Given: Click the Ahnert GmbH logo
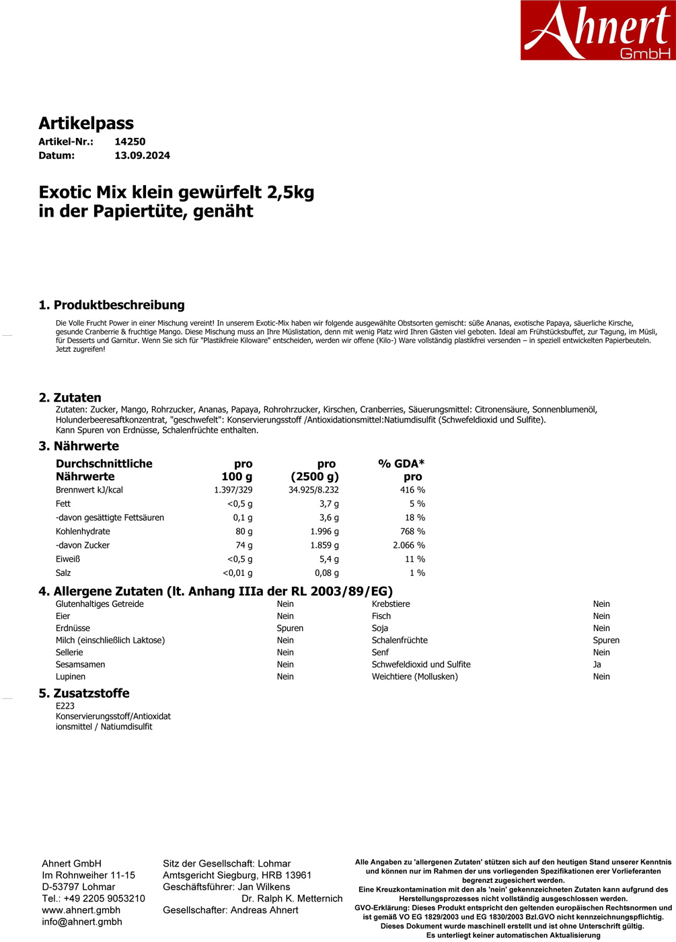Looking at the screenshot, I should click(x=597, y=30).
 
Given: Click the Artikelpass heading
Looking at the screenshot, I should click(x=86, y=123).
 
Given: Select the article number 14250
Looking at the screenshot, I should click(x=130, y=141).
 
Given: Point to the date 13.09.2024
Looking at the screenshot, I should click(x=142, y=155).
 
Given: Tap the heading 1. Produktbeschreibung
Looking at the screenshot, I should click(x=112, y=305).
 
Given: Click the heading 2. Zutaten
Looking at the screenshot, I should click(x=70, y=398).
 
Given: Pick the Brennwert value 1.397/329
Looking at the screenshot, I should click(x=233, y=490).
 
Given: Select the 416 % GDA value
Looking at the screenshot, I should click(x=412, y=490).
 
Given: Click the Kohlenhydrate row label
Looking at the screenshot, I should click(x=83, y=532).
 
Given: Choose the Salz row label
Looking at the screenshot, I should click(x=63, y=573).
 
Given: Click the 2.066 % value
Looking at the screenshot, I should click(x=409, y=545).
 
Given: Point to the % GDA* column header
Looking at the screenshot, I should click(x=402, y=464).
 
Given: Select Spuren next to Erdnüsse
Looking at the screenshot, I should click(x=290, y=628).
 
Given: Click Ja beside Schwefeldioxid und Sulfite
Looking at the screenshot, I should click(x=597, y=664).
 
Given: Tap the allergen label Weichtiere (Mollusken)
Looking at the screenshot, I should click(x=414, y=676).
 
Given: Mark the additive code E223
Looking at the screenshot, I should click(x=65, y=706).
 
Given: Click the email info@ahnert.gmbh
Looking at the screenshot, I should click(x=82, y=922).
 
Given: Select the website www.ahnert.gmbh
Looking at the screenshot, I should click(x=81, y=910).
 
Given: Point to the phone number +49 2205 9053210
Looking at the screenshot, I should click(x=104, y=898).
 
